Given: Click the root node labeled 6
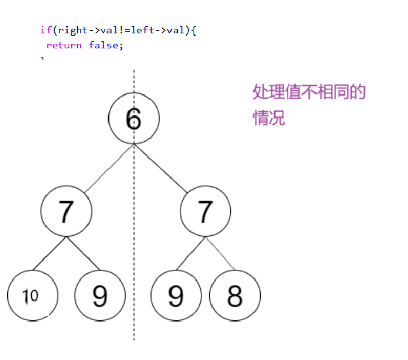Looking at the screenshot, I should click(133, 118).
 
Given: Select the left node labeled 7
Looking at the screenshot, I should click(66, 211).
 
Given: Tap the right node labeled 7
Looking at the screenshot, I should click(205, 211).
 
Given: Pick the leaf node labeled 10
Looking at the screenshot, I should click(32, 295).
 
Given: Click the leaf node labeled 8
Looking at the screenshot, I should click(235, 295).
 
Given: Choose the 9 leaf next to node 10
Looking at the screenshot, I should click(100, 295).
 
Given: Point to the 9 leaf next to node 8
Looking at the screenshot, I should click(175, 295).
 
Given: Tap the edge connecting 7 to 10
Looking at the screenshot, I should click(49, 254).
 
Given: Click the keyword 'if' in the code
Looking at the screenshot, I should click(44, 30).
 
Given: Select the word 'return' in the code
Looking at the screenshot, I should click(64, 45).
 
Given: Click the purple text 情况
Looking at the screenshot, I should click(269, 119).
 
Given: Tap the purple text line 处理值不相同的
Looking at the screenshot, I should click(309, 92).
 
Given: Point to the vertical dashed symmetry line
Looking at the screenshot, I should click(134, 314).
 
